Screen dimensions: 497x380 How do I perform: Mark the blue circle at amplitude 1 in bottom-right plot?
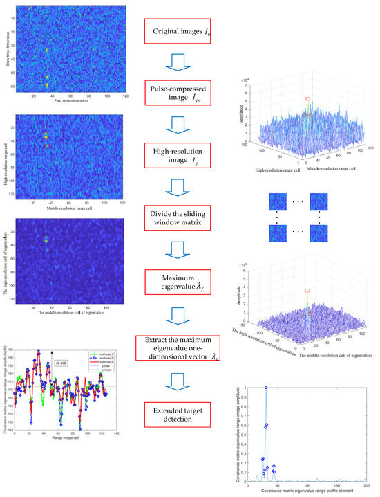266,388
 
